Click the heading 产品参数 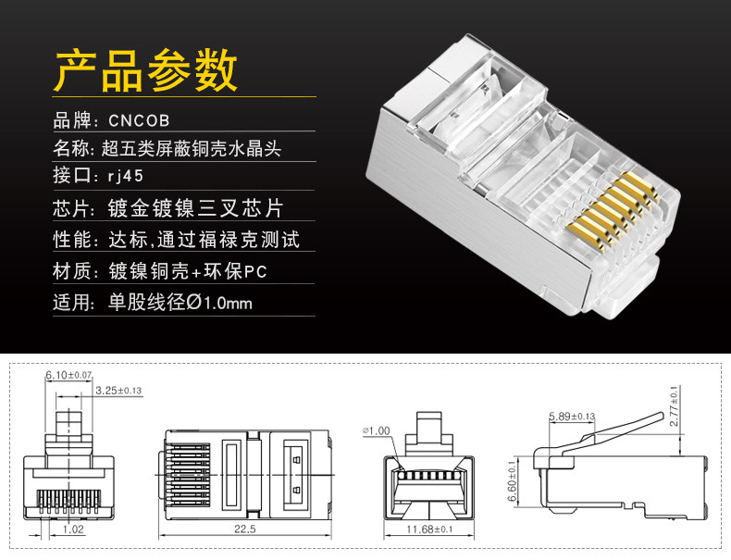(146, 69)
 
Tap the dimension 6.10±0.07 (69, 375)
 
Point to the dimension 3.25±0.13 (118, 391)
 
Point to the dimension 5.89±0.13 (571, 416)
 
